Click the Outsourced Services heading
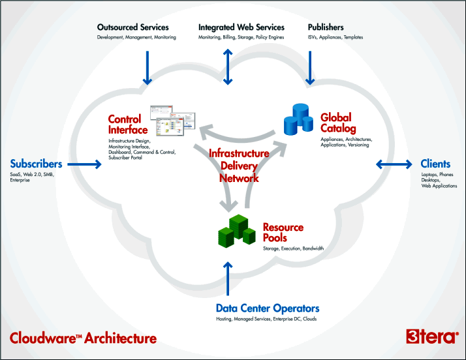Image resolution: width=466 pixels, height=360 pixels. click(133, 27)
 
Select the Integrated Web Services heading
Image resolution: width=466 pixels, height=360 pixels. click(241, 27)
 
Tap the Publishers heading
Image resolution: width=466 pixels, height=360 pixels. click(326, 27)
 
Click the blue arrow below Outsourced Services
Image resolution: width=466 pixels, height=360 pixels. click(147, 68)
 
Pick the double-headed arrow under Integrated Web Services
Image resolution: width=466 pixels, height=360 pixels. click(228, 67)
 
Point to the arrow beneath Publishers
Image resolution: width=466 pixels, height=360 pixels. click(310, 68)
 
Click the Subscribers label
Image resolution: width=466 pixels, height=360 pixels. click(36, 164)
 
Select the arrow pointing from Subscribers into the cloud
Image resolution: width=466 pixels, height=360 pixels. click(84, 164)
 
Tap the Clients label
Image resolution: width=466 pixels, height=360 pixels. click(435, 164)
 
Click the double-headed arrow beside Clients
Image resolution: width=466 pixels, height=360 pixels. click(394, 164)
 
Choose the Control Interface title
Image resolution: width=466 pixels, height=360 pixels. click(128, 125)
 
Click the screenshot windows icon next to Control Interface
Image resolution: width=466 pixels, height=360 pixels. click(172, 120)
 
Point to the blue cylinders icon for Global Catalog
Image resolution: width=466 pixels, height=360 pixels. click(298, 119)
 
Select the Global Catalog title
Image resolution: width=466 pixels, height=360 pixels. click(338, 123)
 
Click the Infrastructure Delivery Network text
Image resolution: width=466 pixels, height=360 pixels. click(239, 166)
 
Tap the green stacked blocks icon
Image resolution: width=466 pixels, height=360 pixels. click(237, 231)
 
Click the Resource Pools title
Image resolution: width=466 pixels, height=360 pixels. click(283, 233)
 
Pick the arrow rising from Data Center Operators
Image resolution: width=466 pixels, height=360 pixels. click(228, 278)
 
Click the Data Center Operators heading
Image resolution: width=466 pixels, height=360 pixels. click(268, 308)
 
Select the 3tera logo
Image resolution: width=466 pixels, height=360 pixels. click(432, 337)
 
